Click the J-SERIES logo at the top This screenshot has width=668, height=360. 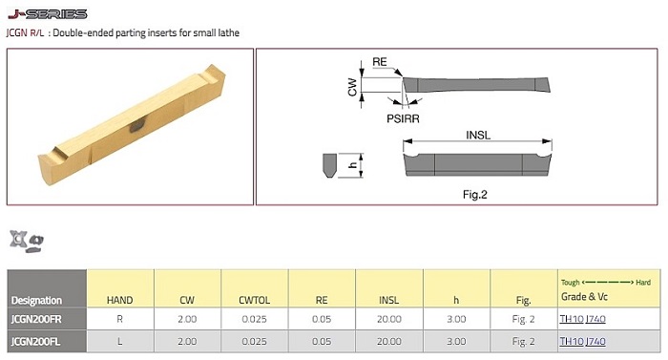(48, 14)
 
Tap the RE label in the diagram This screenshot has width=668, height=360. (380, 62)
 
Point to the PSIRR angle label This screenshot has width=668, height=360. (403, 118)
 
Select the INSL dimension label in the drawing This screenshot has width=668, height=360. (478, 136)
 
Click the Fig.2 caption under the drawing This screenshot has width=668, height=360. (475, 195)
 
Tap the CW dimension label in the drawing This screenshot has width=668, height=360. (352, 87)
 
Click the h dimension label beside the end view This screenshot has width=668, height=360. (353, 164)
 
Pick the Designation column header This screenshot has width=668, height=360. (36, 300)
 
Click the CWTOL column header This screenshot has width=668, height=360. (255, 300)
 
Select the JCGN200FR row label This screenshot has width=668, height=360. (36, 319)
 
